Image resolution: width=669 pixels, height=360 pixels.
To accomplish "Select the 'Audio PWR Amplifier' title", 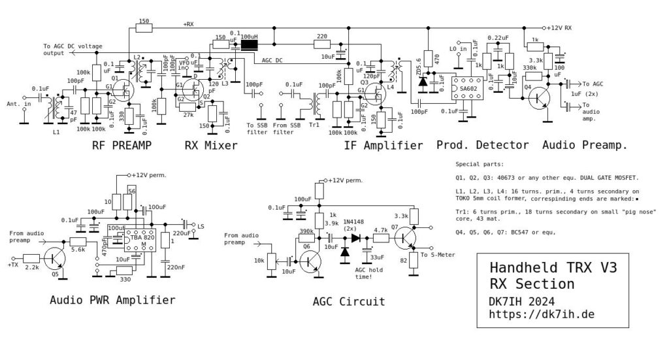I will [113, 300].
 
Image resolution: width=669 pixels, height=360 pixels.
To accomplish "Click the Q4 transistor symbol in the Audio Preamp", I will [540, 98].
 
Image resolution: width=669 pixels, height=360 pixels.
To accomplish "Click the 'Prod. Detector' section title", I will [481, 146].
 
